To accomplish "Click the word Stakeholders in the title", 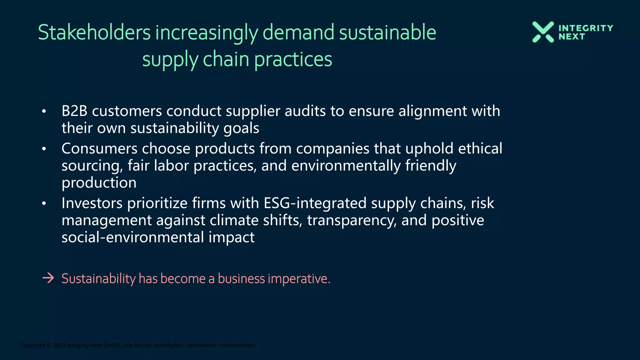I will coord(94,32).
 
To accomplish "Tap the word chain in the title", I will coord(226,59).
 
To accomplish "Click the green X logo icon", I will coord(543,32).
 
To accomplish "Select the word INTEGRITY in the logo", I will coord(586,28).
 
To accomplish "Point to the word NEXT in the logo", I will coord(572,37).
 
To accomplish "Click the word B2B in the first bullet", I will coord(74,111).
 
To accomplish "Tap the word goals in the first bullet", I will coord(242,128).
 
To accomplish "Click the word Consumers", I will coord(99,148).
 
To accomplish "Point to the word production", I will coord(99,183).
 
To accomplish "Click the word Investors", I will coord(92,203).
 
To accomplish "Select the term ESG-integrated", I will coord(315,203).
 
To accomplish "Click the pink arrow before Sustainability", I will coord(48,278).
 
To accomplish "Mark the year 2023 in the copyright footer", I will coord(59,345).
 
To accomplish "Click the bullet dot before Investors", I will coord(44,203).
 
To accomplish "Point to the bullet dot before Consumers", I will coord(44,149).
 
